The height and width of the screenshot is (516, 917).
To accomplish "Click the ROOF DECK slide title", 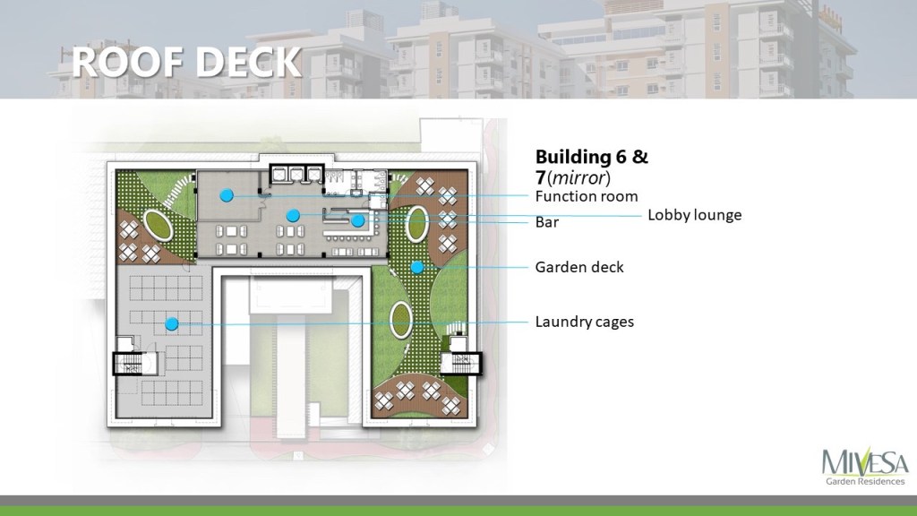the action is [x=186, y=62].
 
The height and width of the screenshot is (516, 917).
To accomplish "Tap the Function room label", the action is [x=587, y=196].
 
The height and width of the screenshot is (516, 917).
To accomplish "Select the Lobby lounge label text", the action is [x=695, y=215].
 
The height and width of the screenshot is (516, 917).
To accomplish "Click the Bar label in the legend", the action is [x=547, y=222].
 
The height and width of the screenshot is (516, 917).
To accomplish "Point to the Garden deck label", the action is [x=579, y=267].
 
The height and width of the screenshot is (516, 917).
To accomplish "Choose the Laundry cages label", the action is [x=585, y=322].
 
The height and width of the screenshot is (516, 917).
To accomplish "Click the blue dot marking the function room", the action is [x=227, y=195].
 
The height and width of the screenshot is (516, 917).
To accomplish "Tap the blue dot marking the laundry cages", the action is [x=171, y=323].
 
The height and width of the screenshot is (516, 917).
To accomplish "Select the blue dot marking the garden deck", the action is [x=417, y=267].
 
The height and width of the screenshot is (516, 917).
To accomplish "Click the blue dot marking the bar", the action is [x=358, y=221].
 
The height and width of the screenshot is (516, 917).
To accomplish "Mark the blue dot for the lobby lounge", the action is [x=293, y=215].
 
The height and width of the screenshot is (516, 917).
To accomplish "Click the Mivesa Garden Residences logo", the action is [x=865, y=467].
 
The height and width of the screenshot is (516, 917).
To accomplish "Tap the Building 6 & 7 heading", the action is [x=591, y=166].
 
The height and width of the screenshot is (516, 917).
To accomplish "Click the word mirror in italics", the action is [x=578, y=177].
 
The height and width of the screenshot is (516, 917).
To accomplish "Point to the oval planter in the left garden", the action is [x=159, y=225].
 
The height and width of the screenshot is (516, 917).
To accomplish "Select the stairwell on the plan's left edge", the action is [x=128, y=364].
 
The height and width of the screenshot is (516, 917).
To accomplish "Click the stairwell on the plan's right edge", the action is [x=461, y=363].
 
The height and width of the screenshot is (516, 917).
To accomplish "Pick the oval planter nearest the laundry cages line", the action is [x=401, y=320].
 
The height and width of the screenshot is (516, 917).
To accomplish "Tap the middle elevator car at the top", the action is [x=296, y=175].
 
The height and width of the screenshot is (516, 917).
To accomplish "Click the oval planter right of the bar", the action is [x=417, y=223].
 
